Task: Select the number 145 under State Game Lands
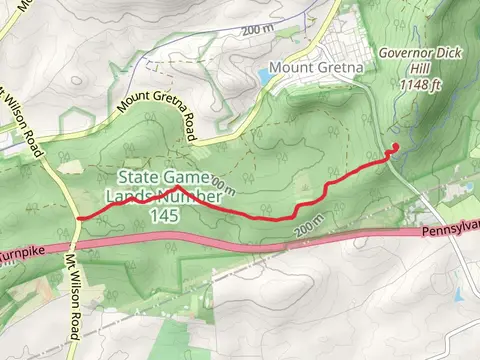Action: pos(166,215)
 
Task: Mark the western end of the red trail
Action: pos(78,216)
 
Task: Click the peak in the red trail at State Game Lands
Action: pos(177,187)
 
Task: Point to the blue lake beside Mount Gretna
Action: pos(264,75)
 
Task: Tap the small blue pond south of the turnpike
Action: pos(458,296)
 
